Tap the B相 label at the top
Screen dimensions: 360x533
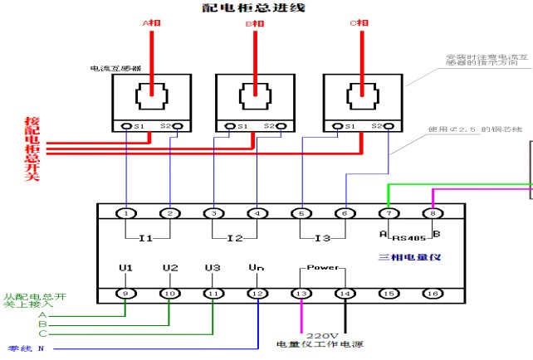255,25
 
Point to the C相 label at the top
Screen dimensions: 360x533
359,24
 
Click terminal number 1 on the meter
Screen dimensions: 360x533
125,213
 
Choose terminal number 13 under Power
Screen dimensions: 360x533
301,293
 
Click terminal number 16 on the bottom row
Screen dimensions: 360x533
431,293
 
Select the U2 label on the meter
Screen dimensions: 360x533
169,268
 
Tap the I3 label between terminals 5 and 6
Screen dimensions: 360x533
322,238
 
